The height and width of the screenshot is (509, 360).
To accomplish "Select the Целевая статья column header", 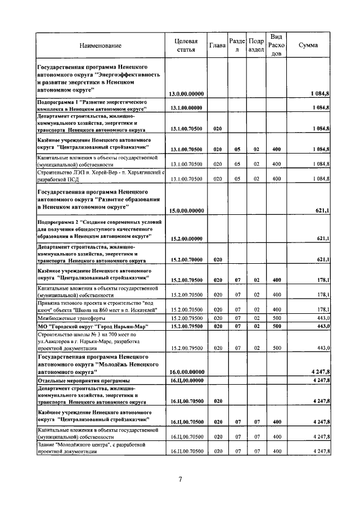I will click(x=186, y=45).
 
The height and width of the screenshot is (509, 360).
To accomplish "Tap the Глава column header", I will click(x=217, y=45).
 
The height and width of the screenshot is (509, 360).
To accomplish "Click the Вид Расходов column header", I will click(x=276, y=45).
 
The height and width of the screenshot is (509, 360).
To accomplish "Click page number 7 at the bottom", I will click(x=180, y=479).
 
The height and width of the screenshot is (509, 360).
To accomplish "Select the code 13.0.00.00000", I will click(x=186, y=93).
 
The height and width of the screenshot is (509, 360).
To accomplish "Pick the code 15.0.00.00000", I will click(x=186, y=211).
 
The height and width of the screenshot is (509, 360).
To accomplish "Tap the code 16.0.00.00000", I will click(x=186, y=372).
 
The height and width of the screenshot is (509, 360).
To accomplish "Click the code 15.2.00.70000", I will click(x=186, y=260).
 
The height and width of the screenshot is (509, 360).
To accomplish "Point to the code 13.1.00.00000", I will click(x=186, y=107).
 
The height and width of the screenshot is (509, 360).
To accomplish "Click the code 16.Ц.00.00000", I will click(x=186, y=381).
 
